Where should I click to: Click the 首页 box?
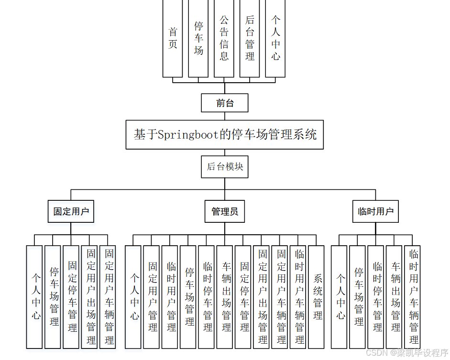pyautogui.click(x=173, y=38)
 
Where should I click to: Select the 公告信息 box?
pyautogui.click(x=224, y=38)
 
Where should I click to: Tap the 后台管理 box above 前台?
pyautogui.click(x=250, y=38)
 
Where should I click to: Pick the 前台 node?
pyautogui.click(x=225, y=103)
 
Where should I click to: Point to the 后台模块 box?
pyautogui.click(x=225, y=167)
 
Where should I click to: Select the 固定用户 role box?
pyautogui.click(x=71, y=211)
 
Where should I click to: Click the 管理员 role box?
pyautogui.click(x=225, y=211)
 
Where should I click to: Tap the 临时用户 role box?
pyautogui.click(x=375, y=211)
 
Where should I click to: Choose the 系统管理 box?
pyautogui.click(x=318, y=296)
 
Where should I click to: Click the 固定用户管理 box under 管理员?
pyautogui.click(x=153, y=296)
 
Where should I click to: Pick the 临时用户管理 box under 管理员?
pyautogui.click(x=171, y=296)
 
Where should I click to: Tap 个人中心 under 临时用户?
pyautogui.click(x=340, y=296)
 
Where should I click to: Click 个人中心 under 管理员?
pyautogui.click(x=134, y=296)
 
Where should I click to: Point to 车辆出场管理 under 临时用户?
pyautogui.click(x=395, y=296)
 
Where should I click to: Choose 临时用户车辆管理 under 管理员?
pyautogui.click(x=299, y=296)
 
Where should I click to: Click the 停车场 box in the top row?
pyautogui.click(x=198, y=38)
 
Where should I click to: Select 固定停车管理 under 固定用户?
pyautogui.click(x=72, y=296)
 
